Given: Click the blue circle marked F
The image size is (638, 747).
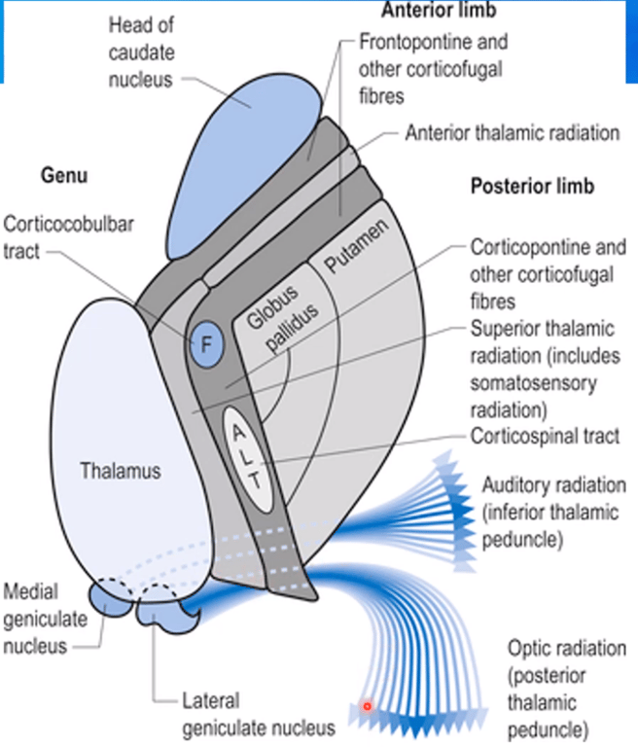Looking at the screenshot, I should pos(205,343).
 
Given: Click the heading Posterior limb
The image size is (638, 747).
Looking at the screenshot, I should pos(533,186).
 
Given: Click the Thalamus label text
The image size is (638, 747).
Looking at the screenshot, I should pos(122,472).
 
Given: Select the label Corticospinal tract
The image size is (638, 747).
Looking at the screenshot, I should pos(545,437).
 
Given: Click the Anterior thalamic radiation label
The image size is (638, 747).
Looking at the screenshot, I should pos(512,133).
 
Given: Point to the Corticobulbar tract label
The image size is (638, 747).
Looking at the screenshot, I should pos(68,236).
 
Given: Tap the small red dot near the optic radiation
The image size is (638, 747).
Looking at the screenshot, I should pos(368,706).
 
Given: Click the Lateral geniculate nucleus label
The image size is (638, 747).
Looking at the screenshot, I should pos(260,713).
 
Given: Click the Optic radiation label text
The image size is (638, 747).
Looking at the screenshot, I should pos(566,648).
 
